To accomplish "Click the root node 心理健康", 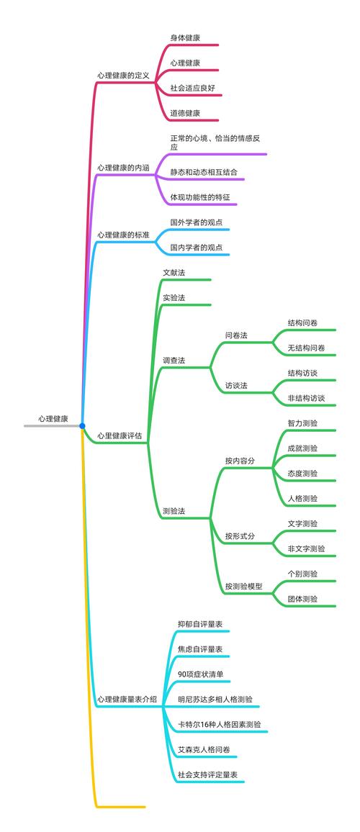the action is tap(53, 419).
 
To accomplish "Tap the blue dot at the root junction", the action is tap(82, 425).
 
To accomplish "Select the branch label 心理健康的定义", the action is tap(123, 76).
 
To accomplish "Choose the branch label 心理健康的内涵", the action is tap(123, 168).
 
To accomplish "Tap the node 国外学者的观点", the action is tap(196, 222).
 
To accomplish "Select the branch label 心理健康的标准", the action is tap(123, 234).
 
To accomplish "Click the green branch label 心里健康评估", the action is tap(120, 436).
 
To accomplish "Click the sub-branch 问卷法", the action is tap(236, 335).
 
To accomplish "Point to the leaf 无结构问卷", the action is tap(307, 348).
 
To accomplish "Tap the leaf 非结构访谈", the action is tap(307, 398).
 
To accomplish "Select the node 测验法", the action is tap(174, 511).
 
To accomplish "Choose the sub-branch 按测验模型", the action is tap(243, 587).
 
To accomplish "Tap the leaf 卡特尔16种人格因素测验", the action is tap(220, 724).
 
